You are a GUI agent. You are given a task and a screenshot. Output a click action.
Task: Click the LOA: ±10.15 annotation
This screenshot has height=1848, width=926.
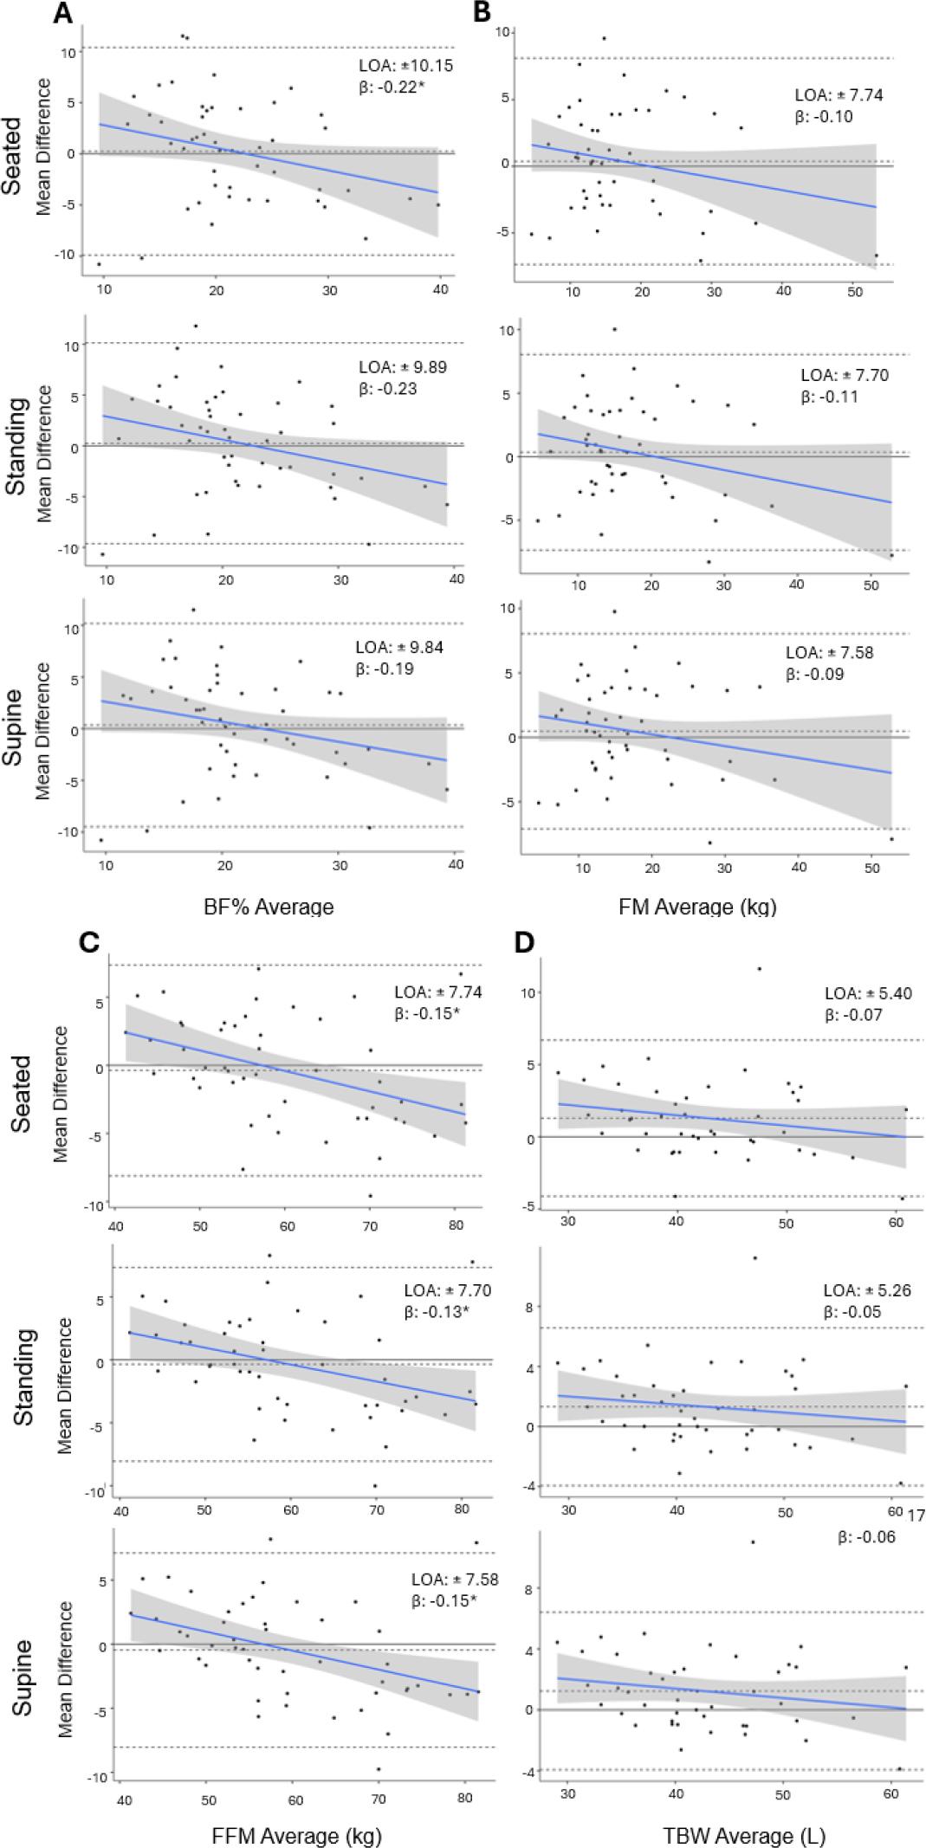pos(406,65)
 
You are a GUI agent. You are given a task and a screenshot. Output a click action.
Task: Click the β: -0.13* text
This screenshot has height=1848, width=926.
pos(437,1311)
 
